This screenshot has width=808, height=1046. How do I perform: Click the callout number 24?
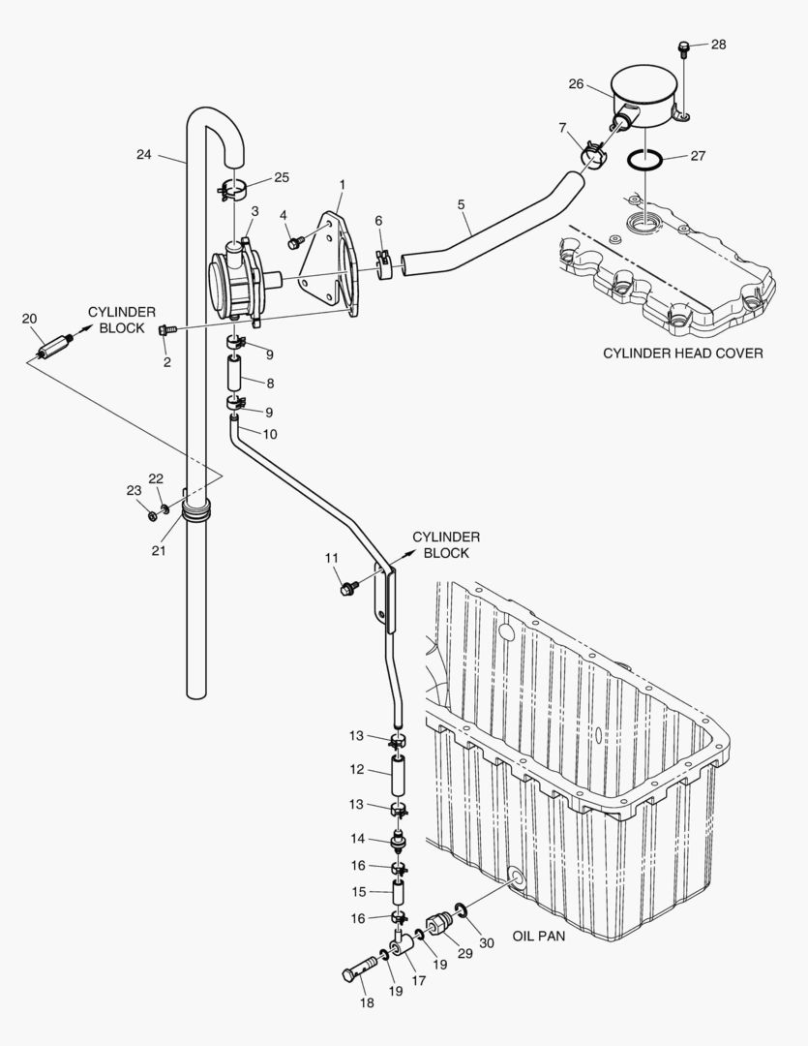144,153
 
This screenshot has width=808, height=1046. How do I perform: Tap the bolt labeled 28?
684,47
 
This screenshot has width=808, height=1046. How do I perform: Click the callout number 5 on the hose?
462,204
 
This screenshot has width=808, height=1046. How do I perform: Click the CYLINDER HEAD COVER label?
682,354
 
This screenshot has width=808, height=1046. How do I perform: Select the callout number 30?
487,942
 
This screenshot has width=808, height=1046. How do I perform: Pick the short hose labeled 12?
398,776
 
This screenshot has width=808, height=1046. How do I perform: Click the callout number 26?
576,84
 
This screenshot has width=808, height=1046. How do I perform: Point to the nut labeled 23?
153,514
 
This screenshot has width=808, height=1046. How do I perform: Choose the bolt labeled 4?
296,243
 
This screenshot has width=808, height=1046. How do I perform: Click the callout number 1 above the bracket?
342,183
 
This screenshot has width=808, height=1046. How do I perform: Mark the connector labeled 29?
441,924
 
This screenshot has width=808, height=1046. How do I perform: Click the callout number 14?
358,839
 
